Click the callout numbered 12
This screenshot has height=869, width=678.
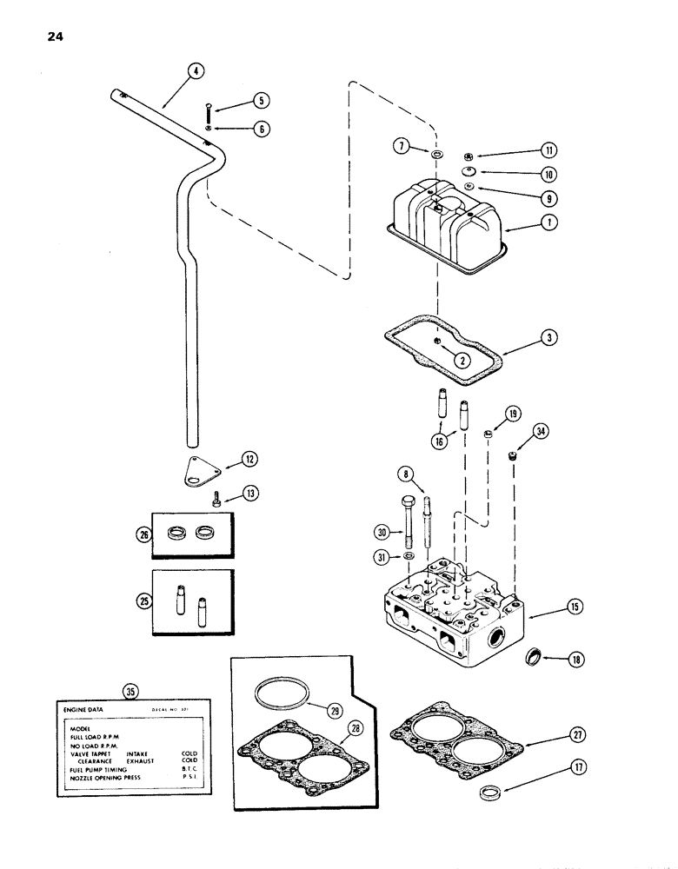pyautogui.click(x=249, y=457)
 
